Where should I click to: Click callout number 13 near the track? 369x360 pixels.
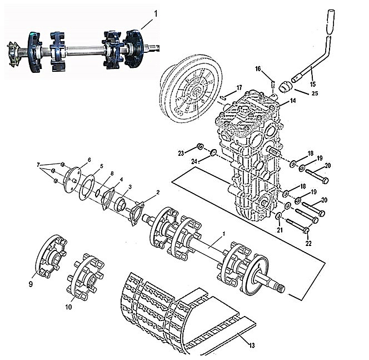click(252, 346)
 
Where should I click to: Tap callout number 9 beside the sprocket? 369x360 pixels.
click(31, 284)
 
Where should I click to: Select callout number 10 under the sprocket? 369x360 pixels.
click(68, 307)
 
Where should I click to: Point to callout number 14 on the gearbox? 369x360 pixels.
click(293, 101)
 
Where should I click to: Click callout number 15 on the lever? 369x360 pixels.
click(313, 84)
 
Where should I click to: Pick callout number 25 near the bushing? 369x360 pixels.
click(315, 93)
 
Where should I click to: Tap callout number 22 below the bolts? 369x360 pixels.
click(308, 243)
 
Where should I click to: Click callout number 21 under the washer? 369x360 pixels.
click(280, 230)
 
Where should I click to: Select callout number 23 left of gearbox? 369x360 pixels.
click(181, 154)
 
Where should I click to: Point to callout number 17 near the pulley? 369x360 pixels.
click(239, 88)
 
